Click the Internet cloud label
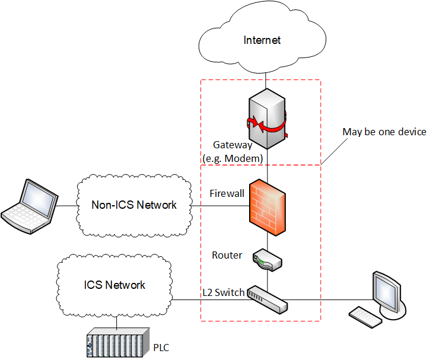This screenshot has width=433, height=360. pyautogui.click(x=262, y=40)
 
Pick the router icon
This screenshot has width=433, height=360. pyautogui.click(x=267, y=259)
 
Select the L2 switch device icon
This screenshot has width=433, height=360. pyautogui.click(x=267, y=298)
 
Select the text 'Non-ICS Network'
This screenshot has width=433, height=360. pyautogui.click(x=134, y=205)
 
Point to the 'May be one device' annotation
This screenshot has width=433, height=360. pyautogui.click(x=384, y=132)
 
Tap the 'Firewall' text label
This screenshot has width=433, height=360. pyautogui.click(x=227, y=193)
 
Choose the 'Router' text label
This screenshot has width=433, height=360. pyautogui.click(x=227, y=255)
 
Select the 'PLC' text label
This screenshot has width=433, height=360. pyautogui.click(x=162, y=347)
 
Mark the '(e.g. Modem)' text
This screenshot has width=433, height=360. pyautogui.click(x=233, y=158)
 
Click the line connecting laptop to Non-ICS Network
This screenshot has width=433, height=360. pyautogui.click(x=67, y=206)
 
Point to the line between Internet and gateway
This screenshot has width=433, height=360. pyautogui.click(x=266, y=79)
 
